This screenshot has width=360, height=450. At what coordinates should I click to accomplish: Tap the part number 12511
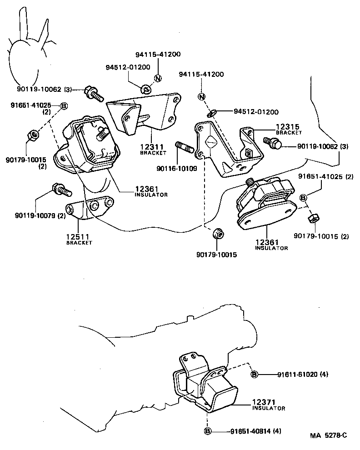pos(79,237)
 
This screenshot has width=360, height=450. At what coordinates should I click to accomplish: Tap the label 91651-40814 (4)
pos(255,431)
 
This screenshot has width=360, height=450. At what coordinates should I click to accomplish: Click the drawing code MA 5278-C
pos(328,435)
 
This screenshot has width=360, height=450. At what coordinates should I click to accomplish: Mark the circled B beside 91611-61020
pos(254,375)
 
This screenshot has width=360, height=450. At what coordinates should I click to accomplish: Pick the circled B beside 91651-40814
pos(208,431)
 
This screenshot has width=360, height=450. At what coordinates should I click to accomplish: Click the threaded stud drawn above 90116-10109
pos(185,148)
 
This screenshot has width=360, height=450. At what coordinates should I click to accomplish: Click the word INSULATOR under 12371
pos(269,408)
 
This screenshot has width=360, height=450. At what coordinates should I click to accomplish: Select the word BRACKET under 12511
pos(79,243)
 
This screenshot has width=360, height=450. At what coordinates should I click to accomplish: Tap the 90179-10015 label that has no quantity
pos(216,255)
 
